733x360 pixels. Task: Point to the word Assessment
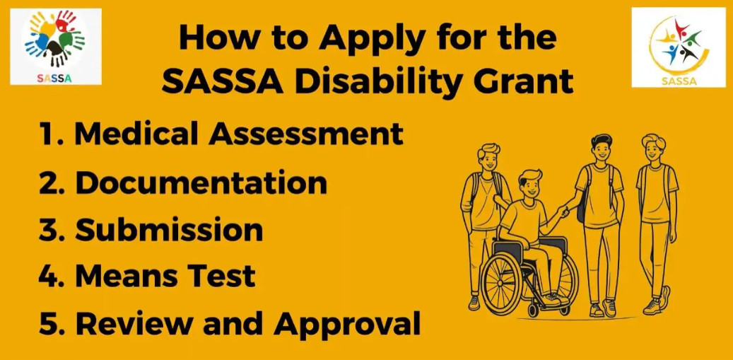(x=306, y=134)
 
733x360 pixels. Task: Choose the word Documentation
(x=201, y=182)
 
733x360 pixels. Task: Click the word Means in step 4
(x=123, y=277)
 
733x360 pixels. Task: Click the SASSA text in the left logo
(x=54, y=79)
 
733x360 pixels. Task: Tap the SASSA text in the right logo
(x=679, y=81)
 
